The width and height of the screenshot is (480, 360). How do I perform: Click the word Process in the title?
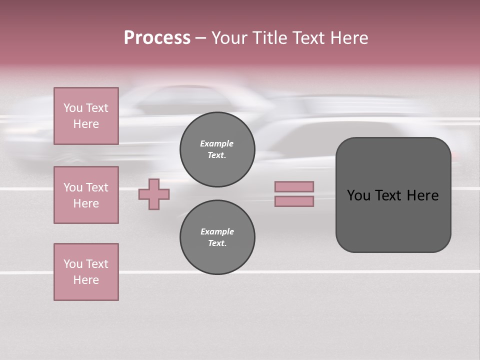coord(157,38)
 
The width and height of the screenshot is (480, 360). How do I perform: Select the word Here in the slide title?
coord(349,38)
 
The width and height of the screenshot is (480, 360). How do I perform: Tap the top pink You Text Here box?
coord(86,116)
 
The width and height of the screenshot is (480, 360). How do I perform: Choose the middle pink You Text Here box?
coord(86,195)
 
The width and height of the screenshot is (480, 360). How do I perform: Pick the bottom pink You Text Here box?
coord(86,272)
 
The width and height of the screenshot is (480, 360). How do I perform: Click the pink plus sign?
coord(154,194)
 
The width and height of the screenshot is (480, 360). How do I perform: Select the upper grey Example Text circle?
coord(217,149)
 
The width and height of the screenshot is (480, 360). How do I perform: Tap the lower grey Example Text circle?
coord(217,237)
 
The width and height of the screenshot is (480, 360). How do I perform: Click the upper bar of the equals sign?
coord(294,186)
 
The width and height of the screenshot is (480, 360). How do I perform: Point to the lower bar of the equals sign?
coord(294,201)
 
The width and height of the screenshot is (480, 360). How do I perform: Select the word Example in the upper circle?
coord(217,143)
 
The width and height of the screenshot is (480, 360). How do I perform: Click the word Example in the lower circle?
coord(217,231)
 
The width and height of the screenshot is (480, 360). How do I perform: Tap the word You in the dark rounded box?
coord(359,195)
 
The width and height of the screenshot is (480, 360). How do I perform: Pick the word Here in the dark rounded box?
coord(422,195)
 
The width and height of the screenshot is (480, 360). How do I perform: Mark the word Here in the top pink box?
coord(86,124)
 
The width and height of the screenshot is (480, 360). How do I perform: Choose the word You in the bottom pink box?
coord(73,264)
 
